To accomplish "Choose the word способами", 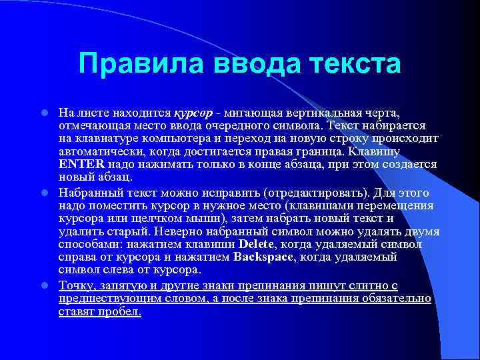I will pyautogui.click(x=87, y=245).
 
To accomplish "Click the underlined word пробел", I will pyautogui.click(x=120, y=311).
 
